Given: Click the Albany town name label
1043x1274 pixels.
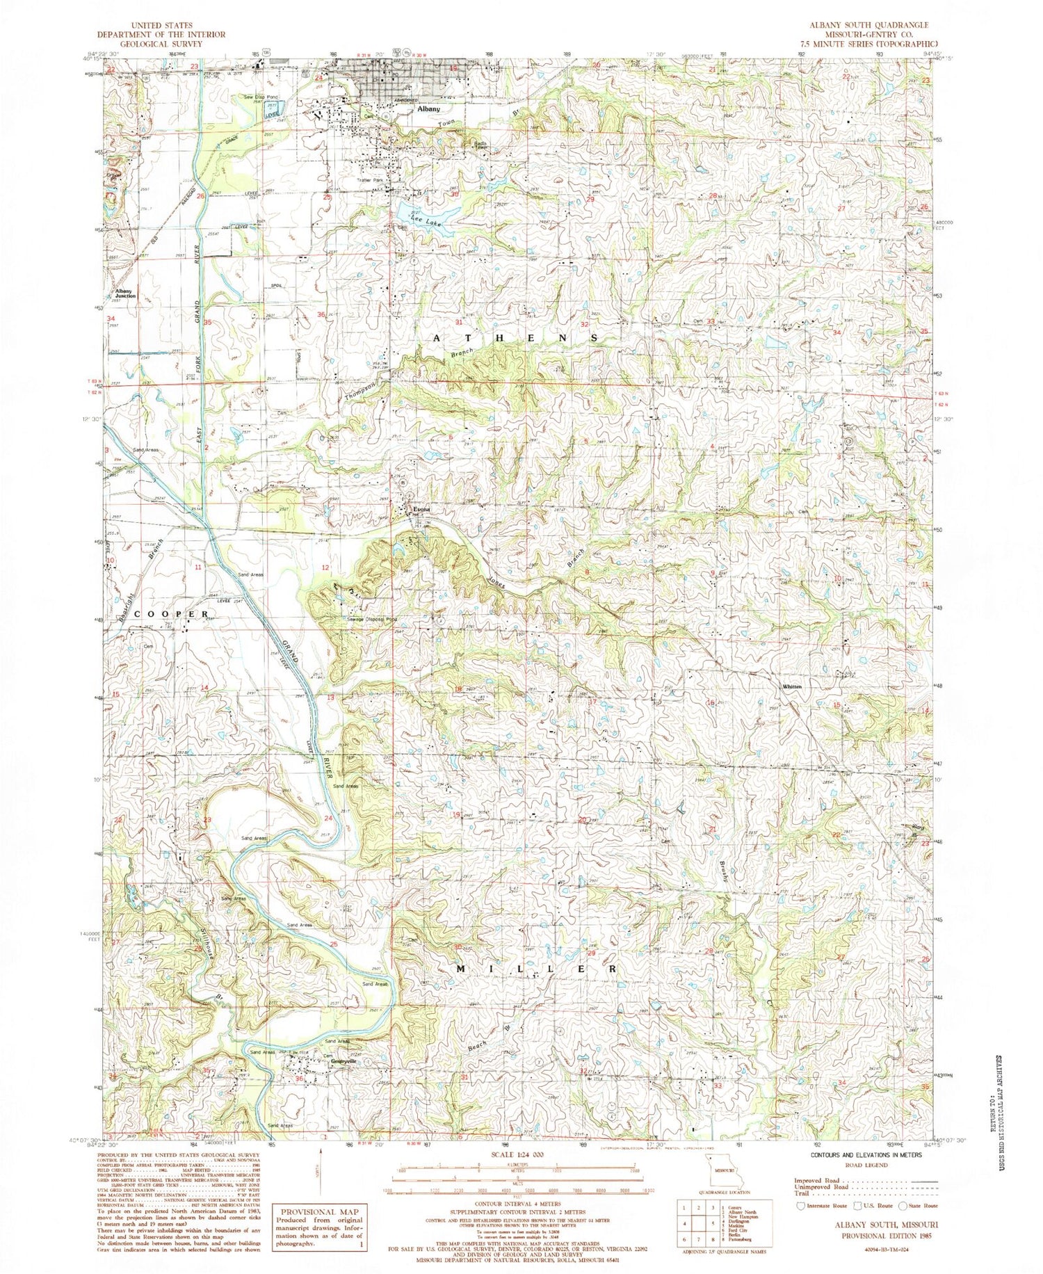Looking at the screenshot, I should (x=428, y=109).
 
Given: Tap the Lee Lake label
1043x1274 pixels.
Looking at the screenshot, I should (x=425, y=221).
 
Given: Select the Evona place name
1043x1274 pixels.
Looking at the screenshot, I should (x=421, y=510).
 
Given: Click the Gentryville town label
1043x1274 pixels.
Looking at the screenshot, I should (x=343, y=1061).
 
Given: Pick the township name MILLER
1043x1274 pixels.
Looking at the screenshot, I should (x=535, y=968).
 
